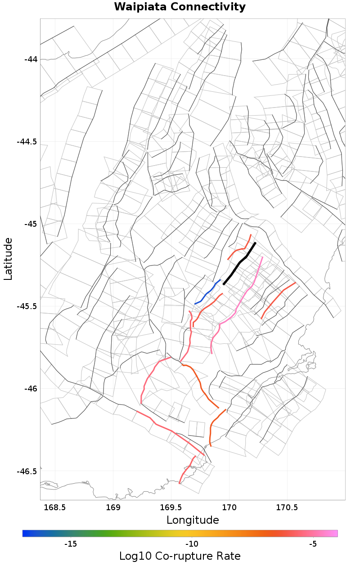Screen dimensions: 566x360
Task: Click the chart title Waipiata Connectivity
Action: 180,7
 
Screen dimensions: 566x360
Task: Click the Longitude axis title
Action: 193,520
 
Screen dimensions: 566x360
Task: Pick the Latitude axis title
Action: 9,259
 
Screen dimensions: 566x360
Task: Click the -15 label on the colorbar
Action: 71,544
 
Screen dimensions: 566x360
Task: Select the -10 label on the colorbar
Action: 192,544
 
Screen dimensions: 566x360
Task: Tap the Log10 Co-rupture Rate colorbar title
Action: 180,556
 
